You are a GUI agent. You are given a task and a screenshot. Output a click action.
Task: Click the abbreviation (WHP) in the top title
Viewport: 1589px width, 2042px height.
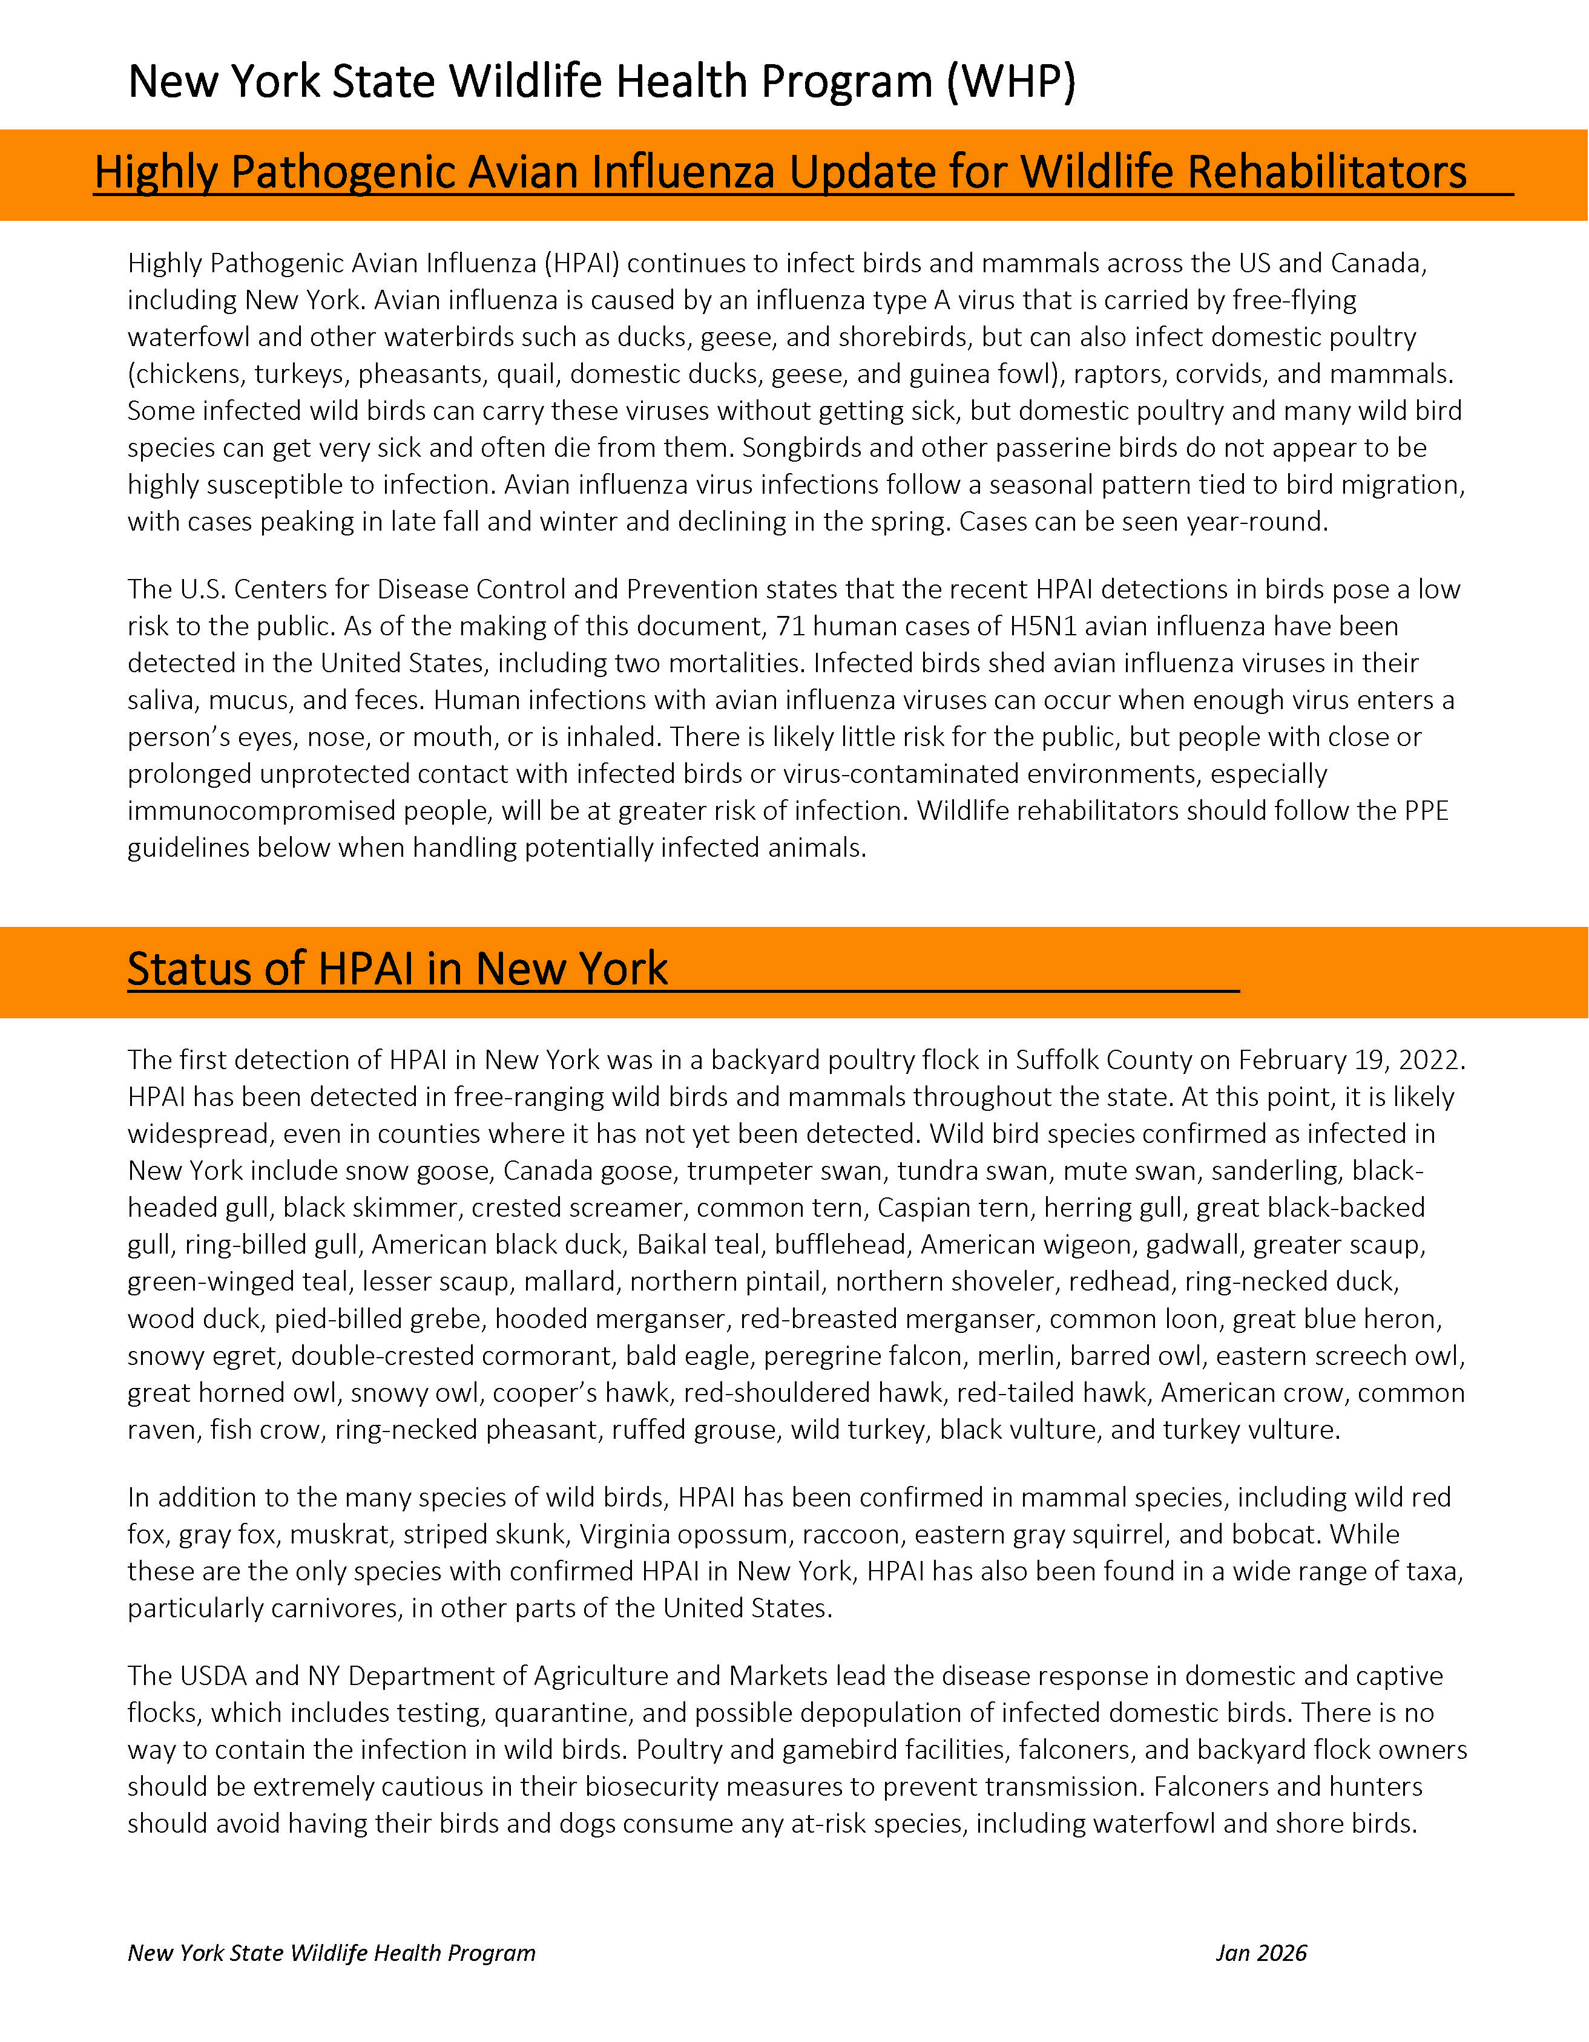[1010, 82]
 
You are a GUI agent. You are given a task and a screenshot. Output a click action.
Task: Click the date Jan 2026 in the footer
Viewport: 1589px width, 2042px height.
[1261, 1953]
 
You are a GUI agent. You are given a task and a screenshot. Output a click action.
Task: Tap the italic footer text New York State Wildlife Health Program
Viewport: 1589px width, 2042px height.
[331, 1953]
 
